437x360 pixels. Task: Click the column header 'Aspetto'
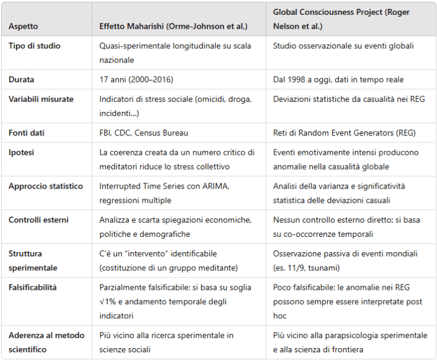pyautogui.click(x=23, y=27)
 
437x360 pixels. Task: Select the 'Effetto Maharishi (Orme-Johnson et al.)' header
pyautogui.click(x=173, y=27)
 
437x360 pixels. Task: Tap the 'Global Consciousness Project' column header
pyautogui.click(x=341, y=19)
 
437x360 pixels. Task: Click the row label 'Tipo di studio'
pyautogui.click(x=34, y=46)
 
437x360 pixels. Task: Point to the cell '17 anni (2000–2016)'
pyautogui.click(x=136, y=79)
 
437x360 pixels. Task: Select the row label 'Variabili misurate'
pyautogui.click(x=41, y=99)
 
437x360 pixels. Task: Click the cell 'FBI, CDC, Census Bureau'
pyautogui.click(x=144, y=133)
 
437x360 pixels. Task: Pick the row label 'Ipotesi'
pyautogui.click(x=21, y=152)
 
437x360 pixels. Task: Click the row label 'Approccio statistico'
pyautogui.click(x=46, y=186)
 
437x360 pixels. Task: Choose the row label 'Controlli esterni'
pyautogui.click(x=39, y=220)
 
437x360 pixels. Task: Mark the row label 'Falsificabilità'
pyautogui.click(x=33, y=287)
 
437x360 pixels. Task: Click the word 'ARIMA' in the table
pyautogui.click(x=217, y=186)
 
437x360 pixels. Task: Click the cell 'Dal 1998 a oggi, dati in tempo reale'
pyautogui.click(x=338, y=79)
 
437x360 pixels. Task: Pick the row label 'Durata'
pyautogui.click(x=21, y=79)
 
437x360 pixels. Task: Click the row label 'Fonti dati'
pyautogui.click(x=27, y=133)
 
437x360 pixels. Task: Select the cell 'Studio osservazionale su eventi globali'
pyautogui.click(x=343, y=46)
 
